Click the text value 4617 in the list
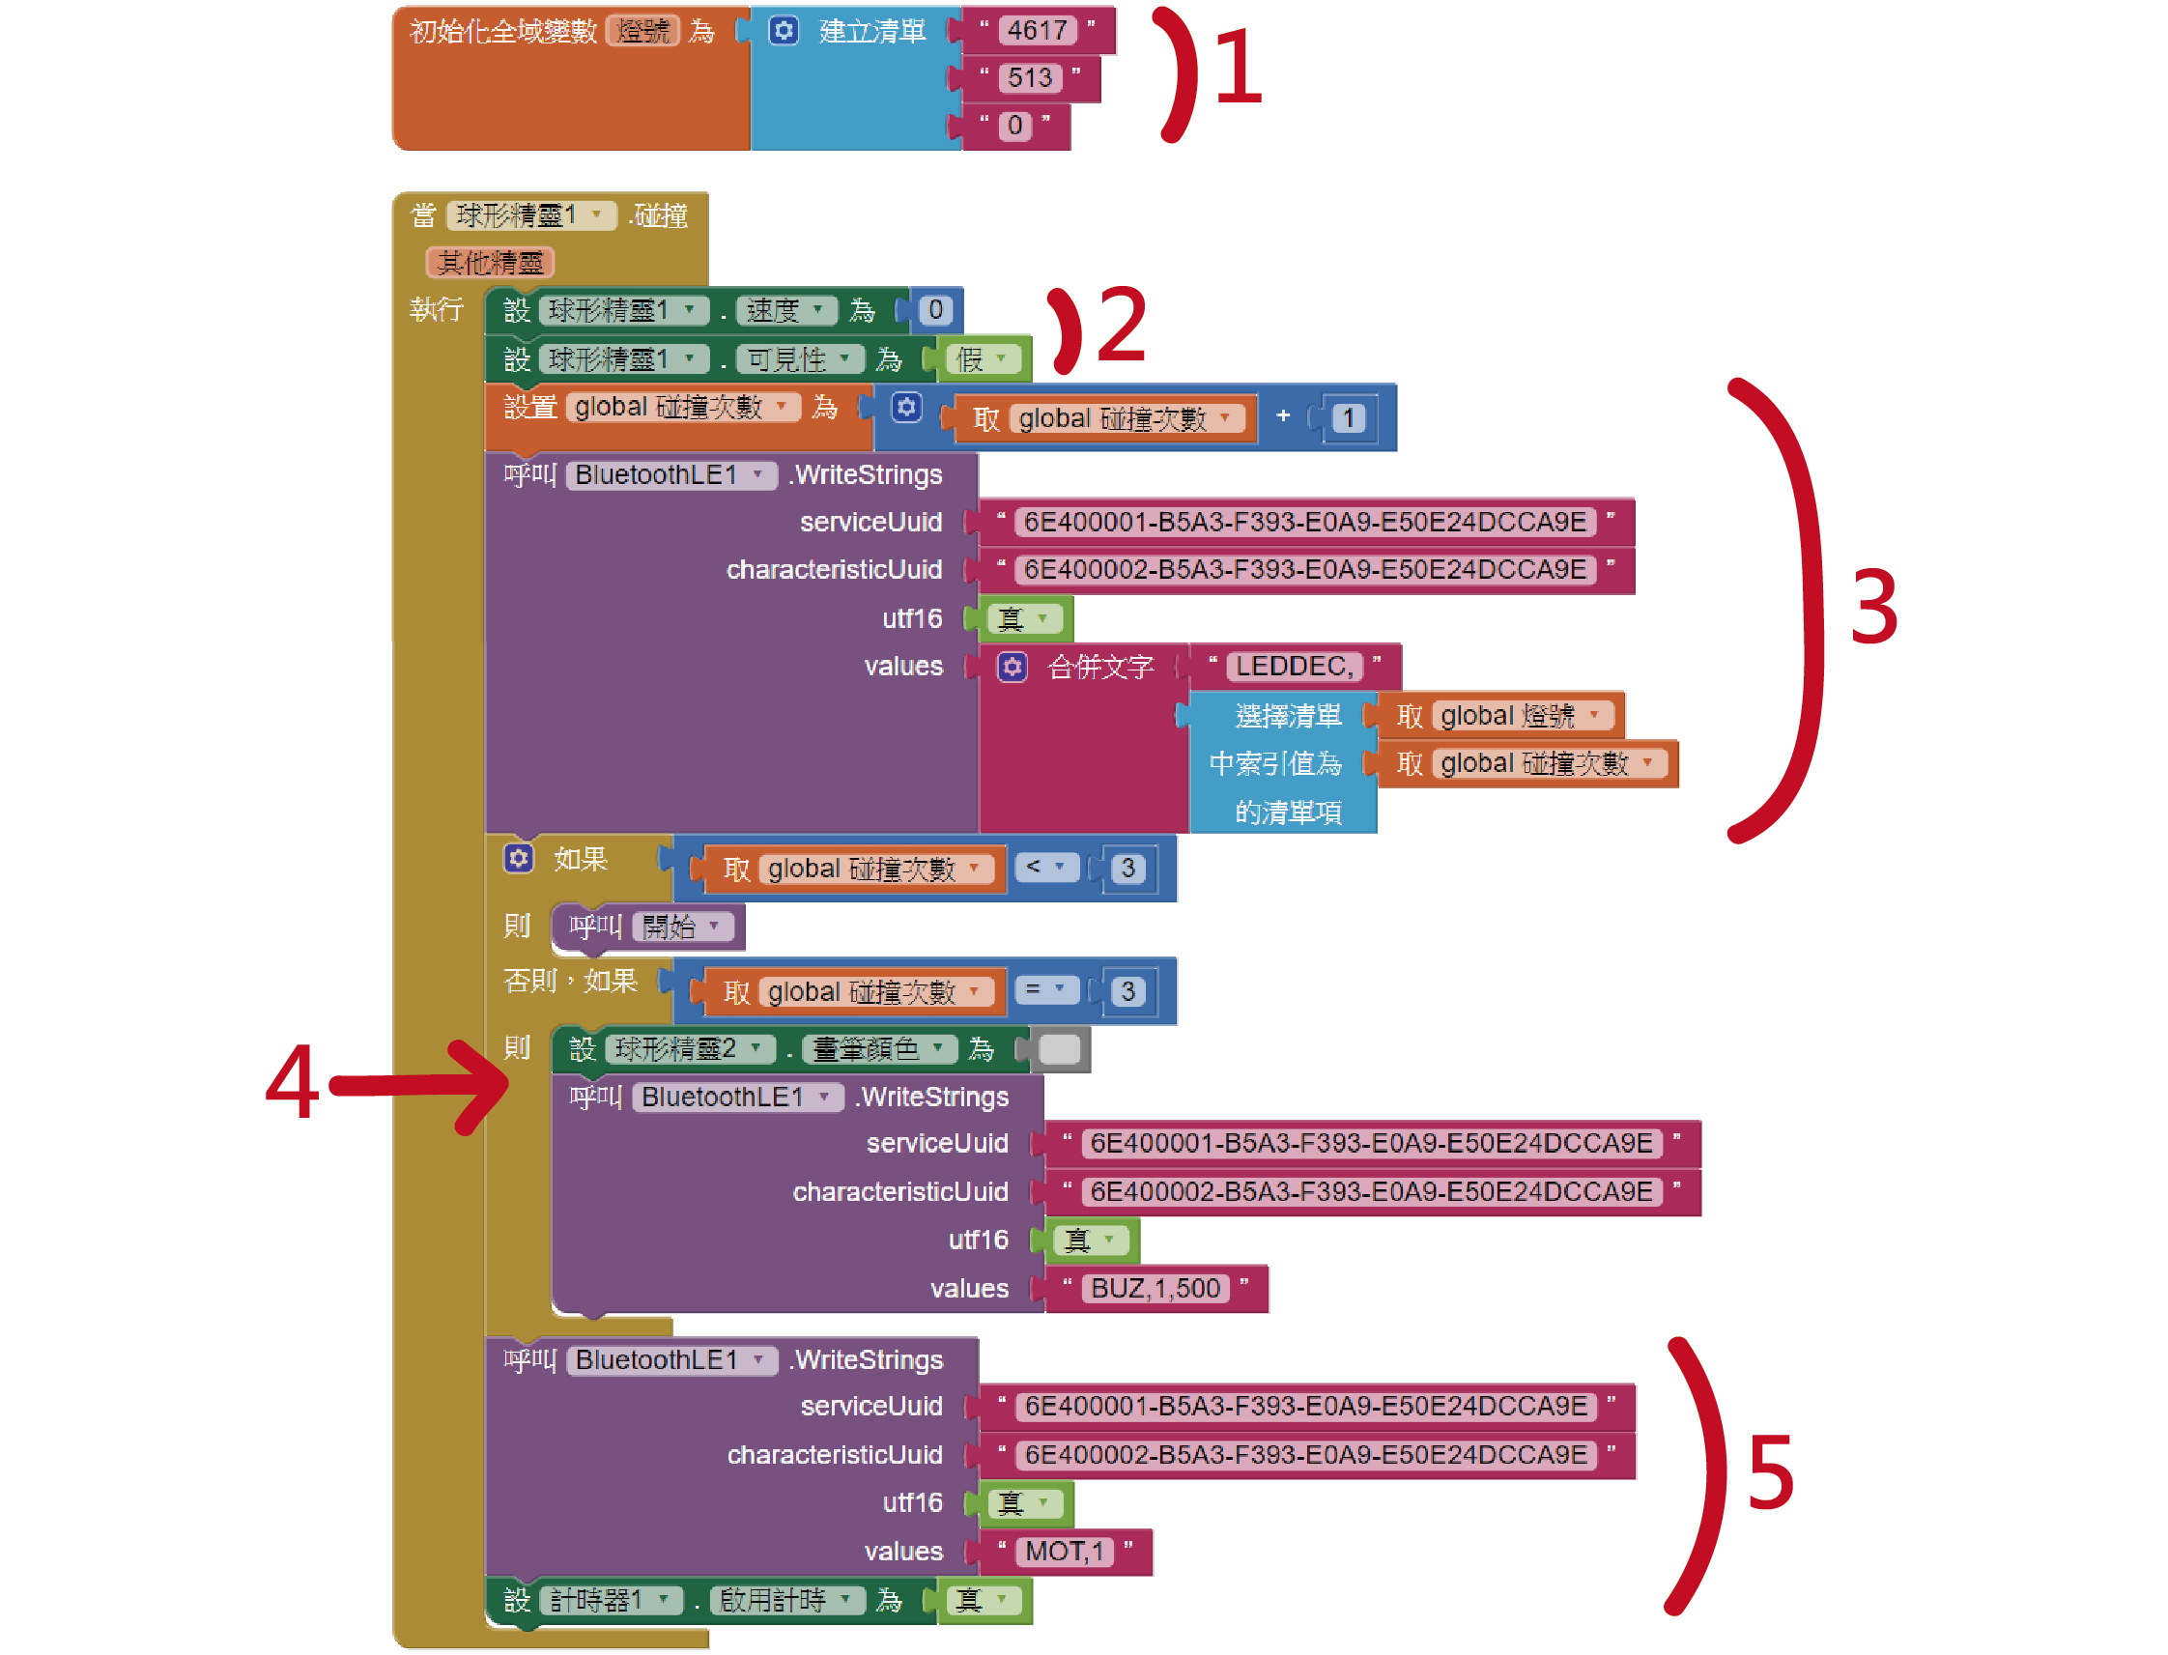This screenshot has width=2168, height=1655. click(1036, 31)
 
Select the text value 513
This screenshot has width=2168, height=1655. click(1028, 78)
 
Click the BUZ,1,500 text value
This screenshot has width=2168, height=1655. click(1155, 1289)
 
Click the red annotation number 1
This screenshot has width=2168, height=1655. click(1238, 67)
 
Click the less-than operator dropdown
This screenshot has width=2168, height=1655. click(1044, 868)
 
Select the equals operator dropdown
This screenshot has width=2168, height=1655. click(1044, 990)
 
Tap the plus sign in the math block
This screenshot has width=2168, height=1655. click(1282, 416)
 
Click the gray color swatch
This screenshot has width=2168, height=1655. click(1060, 1049)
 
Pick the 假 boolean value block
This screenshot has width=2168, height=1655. click(981, 359)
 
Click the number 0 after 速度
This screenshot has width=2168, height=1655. click(935, 310)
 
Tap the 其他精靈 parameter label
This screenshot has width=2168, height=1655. click(490, 263)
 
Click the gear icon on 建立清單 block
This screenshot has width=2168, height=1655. click(784, 31)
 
